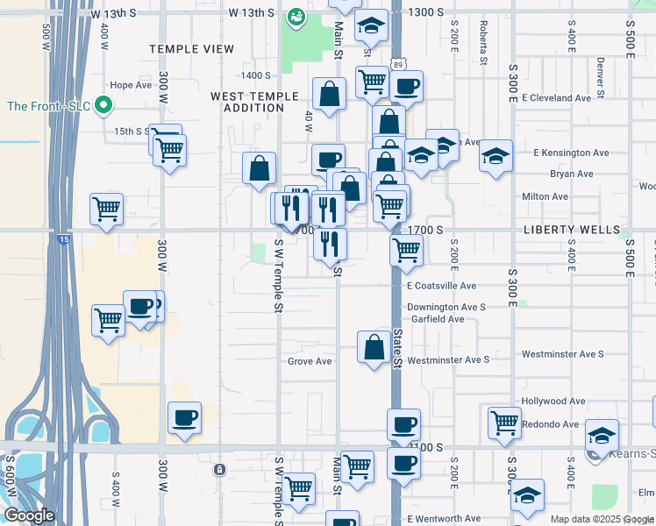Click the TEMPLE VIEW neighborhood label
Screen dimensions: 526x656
coord(191,49)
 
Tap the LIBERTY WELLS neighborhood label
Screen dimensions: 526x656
coord(571,230)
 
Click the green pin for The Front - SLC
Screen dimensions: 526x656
coord(103,107)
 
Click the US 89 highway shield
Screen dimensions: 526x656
coord(399,64)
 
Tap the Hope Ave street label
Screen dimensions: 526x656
coord(131,86)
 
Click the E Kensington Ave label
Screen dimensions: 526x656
coord(571,153)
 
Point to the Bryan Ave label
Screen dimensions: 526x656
coord(571,174)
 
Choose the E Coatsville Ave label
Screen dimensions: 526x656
coord(441,286)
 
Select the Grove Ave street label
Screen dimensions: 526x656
coord(310,361)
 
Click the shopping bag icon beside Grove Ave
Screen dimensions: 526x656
coord(374,346)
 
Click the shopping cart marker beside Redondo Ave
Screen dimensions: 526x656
coord(504,422)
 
